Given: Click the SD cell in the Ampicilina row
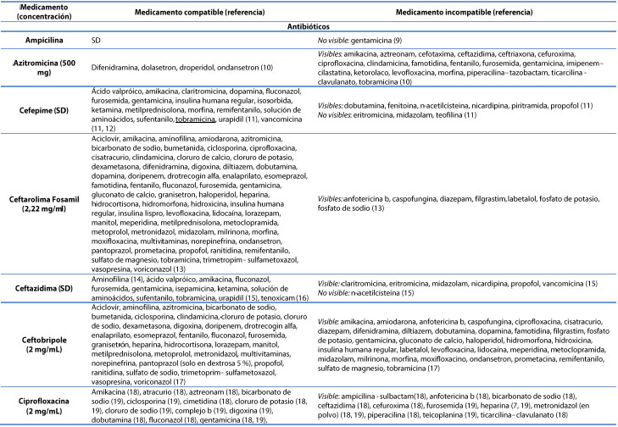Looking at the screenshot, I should (96, 40).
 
